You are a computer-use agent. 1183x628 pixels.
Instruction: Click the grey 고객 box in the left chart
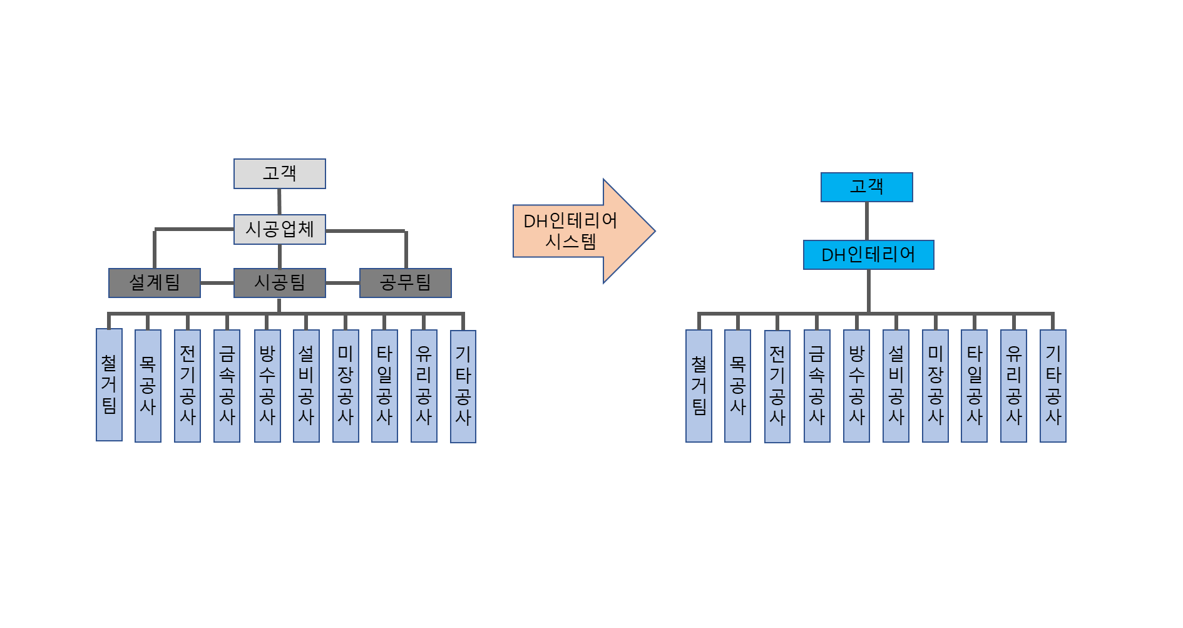click(x=279, y=173)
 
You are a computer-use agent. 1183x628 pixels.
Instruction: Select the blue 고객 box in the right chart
click(x=866, y=187)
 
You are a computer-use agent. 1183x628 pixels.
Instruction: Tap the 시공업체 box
click(x=279, y=229)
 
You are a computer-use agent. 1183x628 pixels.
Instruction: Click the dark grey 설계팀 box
click(x=154, y=283)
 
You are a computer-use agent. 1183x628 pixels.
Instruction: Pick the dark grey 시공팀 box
click(x=279, y=283)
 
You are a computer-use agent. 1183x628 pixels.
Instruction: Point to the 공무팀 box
click(x=405, y=283)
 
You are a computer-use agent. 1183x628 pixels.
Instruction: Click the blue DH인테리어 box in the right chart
click(x=868, y=255)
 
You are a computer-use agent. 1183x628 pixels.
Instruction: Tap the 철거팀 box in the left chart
click(x=109, y=384)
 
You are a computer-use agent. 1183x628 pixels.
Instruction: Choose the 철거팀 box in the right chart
click(x=699, y=386)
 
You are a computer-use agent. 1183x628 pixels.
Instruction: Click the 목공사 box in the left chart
click(x=148, y=386)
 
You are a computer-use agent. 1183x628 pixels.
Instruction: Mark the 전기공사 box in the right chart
click(x=777, y=386)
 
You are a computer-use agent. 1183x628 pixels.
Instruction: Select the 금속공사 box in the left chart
click(x=227, y=386)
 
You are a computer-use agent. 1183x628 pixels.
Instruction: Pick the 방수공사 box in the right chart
click(x=856, y=386)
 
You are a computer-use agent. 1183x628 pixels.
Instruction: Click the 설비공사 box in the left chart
click(x=306, y=386)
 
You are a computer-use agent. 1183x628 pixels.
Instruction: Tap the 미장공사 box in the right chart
click(x=935, y=386)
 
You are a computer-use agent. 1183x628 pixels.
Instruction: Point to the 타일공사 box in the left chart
click(x=384, y=386)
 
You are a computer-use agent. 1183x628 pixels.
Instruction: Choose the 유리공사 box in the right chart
click(x=1013, y=386)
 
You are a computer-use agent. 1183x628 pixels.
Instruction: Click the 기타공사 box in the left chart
click(x=463, y=386)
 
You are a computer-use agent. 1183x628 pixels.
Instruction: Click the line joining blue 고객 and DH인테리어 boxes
click(x=867, y=221)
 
